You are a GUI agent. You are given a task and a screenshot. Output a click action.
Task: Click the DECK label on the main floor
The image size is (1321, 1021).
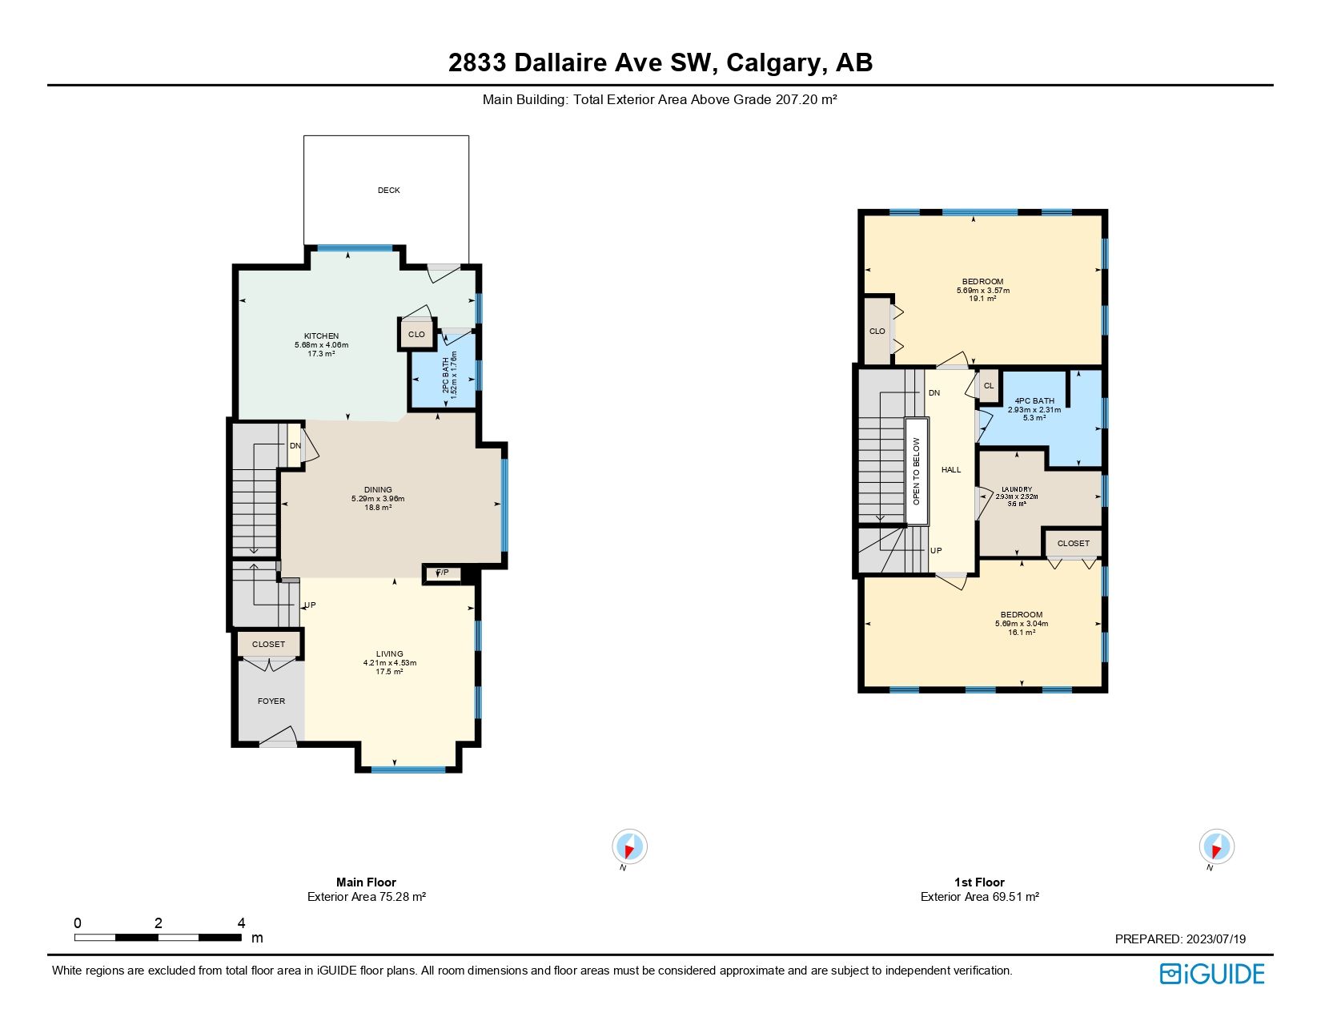click(388, 191)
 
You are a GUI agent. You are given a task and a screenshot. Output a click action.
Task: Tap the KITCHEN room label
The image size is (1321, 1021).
click(321, 336)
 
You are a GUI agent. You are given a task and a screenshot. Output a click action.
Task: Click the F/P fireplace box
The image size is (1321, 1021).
click(443, 573)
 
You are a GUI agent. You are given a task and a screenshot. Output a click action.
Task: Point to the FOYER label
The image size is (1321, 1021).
click(271, 701)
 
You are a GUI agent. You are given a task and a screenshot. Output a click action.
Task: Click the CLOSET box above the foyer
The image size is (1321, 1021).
click(269, 645)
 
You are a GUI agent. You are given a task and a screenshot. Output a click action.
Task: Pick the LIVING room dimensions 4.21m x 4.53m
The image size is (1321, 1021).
click(390, 663)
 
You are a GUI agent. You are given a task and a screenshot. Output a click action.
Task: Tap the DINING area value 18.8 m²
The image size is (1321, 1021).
click(378, 508)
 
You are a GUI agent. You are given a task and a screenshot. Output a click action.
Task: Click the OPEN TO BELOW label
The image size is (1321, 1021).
click(917, 471)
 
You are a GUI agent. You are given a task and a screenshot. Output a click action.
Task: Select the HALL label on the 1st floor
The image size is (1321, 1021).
click(951, 470)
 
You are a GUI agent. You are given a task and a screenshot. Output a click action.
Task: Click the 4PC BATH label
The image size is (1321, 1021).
click(1034, 401)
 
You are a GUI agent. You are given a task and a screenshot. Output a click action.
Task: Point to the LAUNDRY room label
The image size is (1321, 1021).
click(1017, 489)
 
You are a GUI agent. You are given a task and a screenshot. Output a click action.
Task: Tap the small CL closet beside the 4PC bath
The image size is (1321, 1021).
click(989, 386)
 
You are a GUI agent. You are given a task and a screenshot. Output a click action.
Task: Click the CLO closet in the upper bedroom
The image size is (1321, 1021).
click(877, 332)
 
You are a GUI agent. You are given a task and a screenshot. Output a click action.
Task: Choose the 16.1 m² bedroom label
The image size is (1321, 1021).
click(1022, 633)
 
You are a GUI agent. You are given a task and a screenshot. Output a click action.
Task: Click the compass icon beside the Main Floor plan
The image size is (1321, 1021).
click(629, 847)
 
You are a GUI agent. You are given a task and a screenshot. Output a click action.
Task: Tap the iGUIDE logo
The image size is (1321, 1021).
click(1212, 974)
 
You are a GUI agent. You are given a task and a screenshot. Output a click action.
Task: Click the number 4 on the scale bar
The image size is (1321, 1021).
click(241, 923)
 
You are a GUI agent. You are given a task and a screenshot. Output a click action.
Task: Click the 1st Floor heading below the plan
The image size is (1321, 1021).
click(979, 882)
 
